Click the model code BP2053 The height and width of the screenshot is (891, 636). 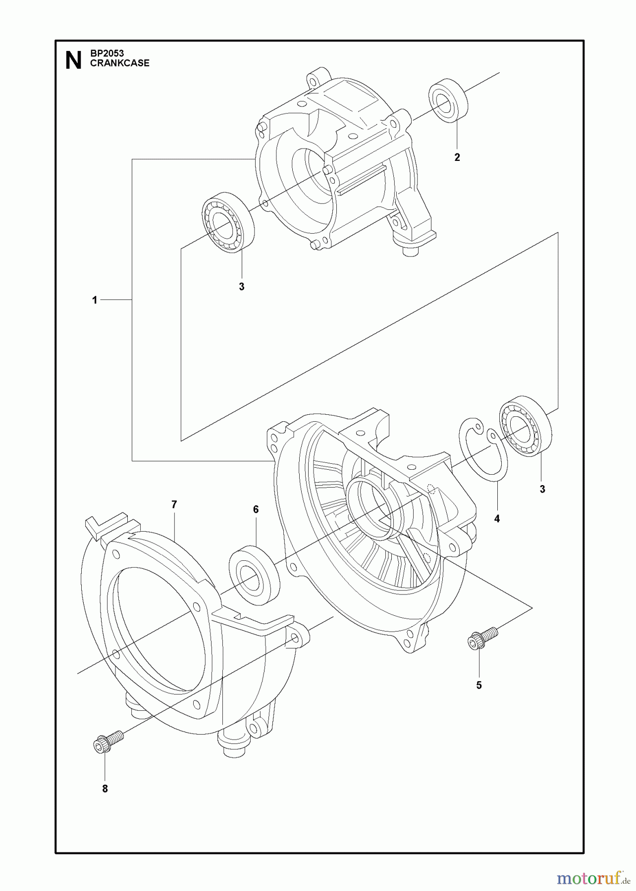click(x=107, y=53)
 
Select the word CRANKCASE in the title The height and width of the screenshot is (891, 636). click(x=119, y=63)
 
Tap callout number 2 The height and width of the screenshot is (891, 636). click(x=457, y=157)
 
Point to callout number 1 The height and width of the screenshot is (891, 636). click(x=95, y=300)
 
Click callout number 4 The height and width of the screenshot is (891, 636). click(x=497, y=519)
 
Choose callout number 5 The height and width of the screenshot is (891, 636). click(x=479, y=685)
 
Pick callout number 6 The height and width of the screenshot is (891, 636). click(x=256, y=509)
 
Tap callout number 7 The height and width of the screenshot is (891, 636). click(x=174, y=504)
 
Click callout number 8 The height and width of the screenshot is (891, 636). click(x=105, y=789)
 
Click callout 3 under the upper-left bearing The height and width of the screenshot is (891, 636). click(x=242, y=287)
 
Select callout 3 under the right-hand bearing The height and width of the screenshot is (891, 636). click(x=542, y=489)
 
